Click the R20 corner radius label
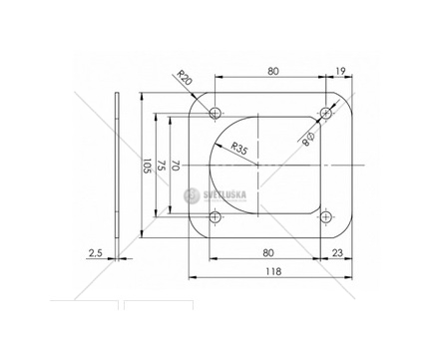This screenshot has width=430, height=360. point(185,78)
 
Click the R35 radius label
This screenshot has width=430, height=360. point(239,149)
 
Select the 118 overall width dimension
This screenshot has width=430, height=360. point(273,271)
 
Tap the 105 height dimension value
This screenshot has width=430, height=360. point(147,166)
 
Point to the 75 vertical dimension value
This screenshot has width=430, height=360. point(161,166)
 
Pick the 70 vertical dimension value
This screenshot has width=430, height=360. point(175,166)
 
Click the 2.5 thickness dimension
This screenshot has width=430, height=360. point(95,253)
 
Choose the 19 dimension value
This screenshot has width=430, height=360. point(340,71)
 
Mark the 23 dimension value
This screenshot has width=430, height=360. point(337,253)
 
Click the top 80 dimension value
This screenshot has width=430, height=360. point(273,71)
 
